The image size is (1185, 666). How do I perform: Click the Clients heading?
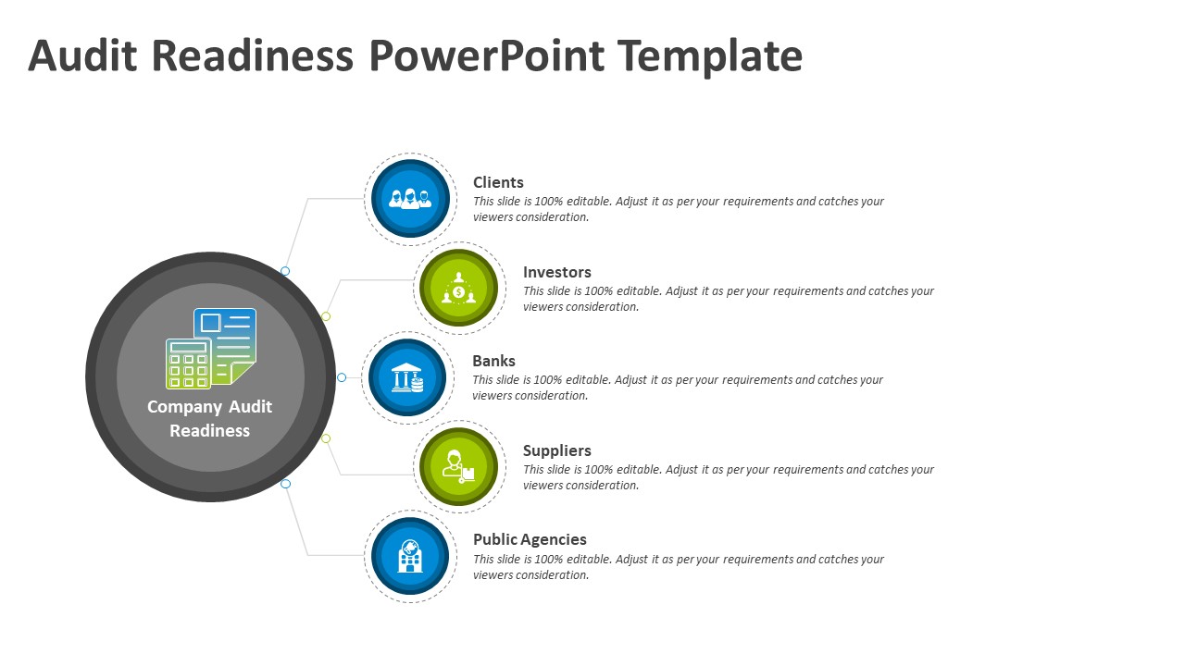498,182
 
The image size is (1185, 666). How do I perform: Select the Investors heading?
556,272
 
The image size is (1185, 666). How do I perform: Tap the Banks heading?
493,361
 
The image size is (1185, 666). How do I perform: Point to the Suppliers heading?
556,450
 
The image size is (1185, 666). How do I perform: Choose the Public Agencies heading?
530,539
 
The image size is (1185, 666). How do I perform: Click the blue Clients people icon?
410,199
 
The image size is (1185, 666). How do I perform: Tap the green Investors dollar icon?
458,289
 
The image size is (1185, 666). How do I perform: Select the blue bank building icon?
407,378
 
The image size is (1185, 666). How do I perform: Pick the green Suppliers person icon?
458,466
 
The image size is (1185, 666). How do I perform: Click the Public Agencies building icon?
410,555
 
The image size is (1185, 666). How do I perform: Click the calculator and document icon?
211,349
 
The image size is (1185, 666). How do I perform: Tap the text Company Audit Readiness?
210,418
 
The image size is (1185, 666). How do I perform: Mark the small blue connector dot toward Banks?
342,377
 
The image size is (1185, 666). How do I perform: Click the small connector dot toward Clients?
285,271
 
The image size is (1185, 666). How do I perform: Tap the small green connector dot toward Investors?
326,316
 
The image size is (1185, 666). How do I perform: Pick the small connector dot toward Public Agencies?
285,484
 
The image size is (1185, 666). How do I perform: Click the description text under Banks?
678,388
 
